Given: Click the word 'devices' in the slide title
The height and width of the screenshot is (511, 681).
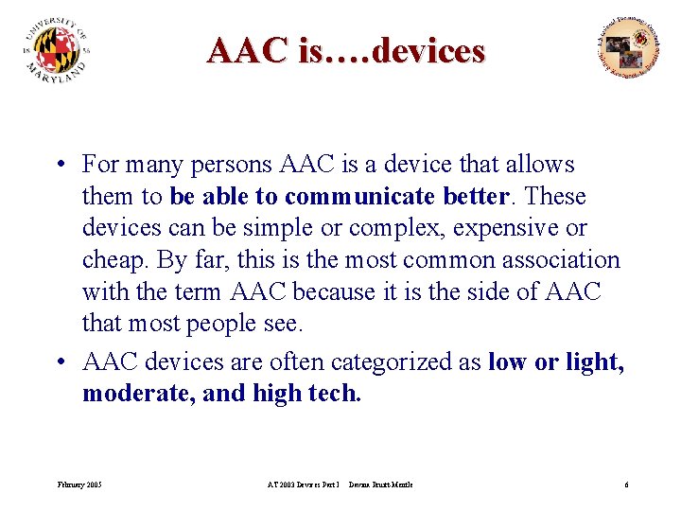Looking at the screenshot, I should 428,50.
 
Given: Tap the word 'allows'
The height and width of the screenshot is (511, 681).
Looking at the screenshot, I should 539,165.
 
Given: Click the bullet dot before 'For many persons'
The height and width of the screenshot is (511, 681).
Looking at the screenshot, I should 59,166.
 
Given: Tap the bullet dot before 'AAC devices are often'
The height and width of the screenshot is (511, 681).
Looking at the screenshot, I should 59,362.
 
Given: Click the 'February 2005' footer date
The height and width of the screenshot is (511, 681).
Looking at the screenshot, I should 79,485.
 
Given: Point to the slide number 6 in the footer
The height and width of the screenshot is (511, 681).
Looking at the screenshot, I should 626,485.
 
